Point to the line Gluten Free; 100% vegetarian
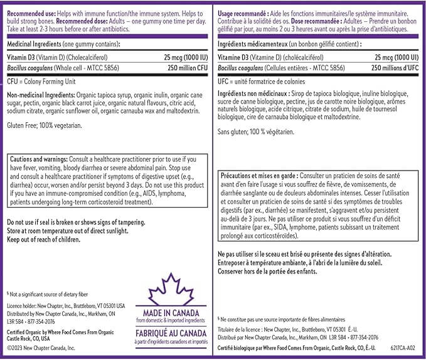click(x=45, y=126)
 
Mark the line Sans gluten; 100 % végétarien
click(x=255, y=132)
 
